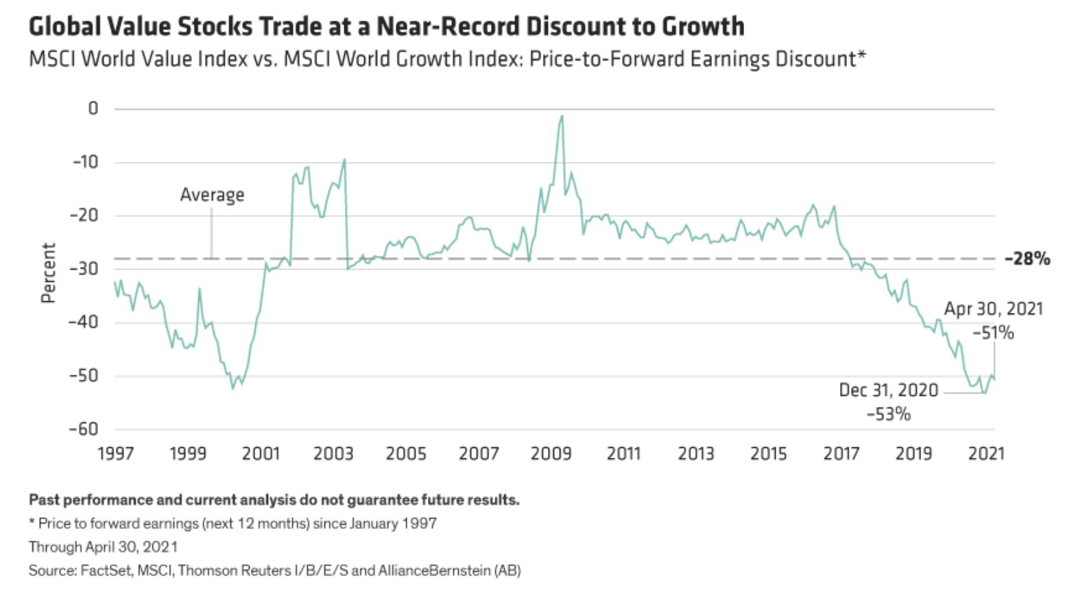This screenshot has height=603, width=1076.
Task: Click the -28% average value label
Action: (x=1027, y=259)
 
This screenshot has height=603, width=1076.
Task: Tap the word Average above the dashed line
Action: (x=212, y=195)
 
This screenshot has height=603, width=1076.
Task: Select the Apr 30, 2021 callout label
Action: (x=993, y=309)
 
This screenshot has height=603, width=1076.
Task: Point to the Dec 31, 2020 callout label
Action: (x=888, y=390)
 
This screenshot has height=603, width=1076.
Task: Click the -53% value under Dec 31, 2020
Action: (x=888, y=414)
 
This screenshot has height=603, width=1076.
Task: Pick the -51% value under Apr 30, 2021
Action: (x=993, y=333)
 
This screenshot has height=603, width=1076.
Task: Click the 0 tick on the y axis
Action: (x=93, y=108)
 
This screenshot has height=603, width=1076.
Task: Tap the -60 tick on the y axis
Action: (x=84, y=429)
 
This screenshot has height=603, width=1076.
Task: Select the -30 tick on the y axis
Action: (x=84, y=269)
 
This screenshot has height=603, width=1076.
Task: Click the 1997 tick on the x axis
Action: (x=115, y=453)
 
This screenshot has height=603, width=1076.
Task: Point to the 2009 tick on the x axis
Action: (x=551, y=453)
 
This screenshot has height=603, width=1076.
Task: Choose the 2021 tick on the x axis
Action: (x=985, y=453)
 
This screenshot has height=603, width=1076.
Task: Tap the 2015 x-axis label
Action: (x=768, y=453)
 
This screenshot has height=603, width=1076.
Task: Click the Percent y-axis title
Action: (x=48, y=272)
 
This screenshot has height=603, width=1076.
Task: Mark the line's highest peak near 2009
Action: (x=562, y=116)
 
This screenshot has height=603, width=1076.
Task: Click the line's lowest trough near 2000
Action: (x=232, y=388)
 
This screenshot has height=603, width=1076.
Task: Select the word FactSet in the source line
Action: (x=105, y=570)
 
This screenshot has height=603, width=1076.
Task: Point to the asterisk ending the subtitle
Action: (x=861, y=55)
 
